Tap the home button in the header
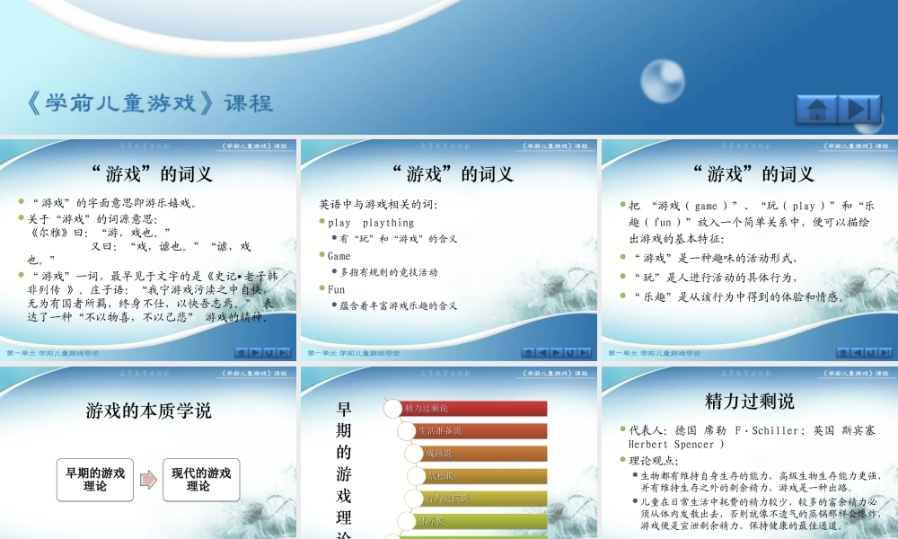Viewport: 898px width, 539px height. (x=816, y=110)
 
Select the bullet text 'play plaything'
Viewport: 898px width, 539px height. (x=371, y=223)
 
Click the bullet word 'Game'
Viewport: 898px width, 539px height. (x=339, y=256)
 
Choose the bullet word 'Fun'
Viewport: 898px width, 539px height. (x=337, y=289)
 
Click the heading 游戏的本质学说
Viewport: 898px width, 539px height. (x=148, y=411)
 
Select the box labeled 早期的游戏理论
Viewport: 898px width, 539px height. (x=95, y=480)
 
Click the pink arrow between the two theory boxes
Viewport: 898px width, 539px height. (x=148, y=480)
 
